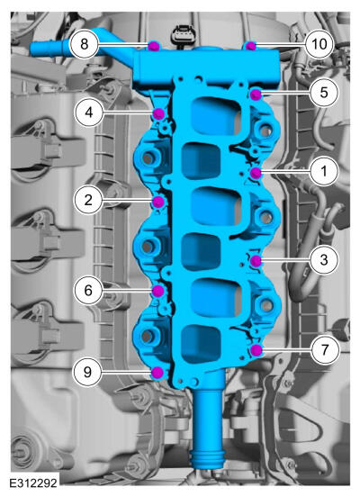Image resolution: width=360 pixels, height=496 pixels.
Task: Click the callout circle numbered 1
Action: (324, 171)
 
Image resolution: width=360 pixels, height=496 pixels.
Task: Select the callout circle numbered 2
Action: (88, 200)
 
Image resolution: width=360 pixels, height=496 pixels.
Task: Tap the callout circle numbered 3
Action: (324, 260)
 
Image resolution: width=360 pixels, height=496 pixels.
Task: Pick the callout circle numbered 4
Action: (89, 113)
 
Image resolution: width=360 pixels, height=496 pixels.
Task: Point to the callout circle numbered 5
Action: (324, 93)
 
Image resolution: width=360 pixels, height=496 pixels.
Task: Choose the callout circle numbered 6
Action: (88, 290)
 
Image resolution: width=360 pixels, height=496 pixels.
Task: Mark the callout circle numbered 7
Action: (325, 350)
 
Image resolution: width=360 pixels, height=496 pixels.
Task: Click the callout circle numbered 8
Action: (84, 44)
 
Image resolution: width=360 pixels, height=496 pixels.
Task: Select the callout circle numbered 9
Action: (87, 372)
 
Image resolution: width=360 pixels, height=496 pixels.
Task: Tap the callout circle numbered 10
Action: (319, 44)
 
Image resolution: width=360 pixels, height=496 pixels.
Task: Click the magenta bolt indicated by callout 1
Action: (256, 173)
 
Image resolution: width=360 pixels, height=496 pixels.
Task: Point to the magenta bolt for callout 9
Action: (157, 373)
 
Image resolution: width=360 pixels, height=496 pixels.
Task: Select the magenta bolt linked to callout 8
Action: (153, 46)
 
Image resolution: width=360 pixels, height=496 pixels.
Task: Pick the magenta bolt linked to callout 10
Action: (251, 46)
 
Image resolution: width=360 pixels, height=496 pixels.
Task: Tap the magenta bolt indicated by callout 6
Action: (158, 291)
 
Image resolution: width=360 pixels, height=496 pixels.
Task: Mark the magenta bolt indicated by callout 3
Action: (256, 261)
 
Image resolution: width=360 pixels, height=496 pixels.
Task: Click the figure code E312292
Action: (33, 483)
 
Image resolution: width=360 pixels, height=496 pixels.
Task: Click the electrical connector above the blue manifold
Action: (180, 37)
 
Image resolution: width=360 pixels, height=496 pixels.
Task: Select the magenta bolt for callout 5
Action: (256, 95)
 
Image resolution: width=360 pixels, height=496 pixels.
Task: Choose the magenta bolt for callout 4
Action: (158, 113)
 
